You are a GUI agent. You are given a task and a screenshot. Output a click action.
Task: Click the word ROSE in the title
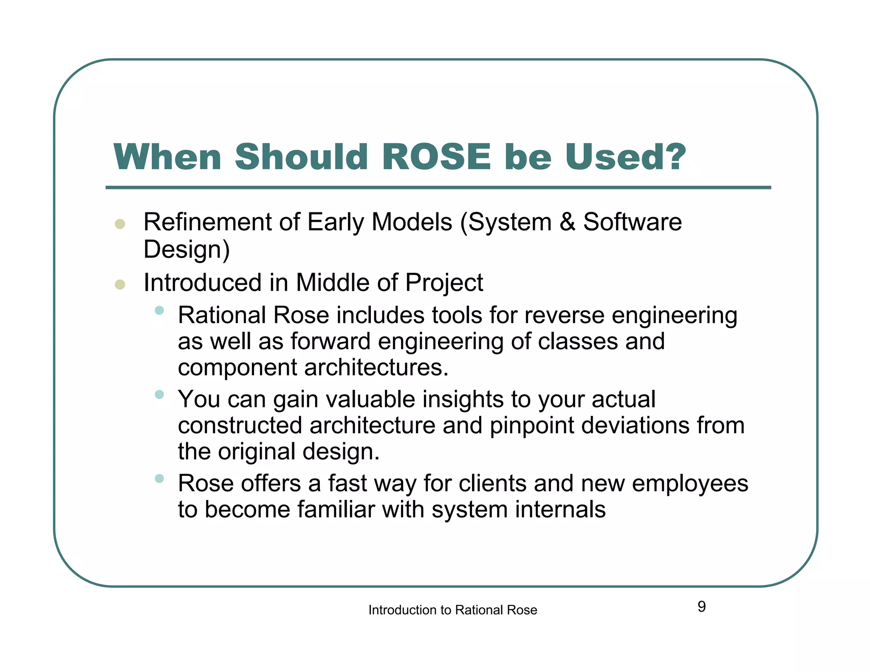436,157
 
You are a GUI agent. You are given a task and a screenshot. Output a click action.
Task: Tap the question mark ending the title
672,157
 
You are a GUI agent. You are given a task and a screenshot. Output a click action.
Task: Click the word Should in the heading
301,157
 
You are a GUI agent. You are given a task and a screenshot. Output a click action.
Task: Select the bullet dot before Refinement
120,224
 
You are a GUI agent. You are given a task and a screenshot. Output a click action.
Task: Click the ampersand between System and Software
567,222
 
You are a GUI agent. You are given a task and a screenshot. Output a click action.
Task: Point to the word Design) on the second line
186,250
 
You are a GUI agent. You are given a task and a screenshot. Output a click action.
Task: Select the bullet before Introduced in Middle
120,284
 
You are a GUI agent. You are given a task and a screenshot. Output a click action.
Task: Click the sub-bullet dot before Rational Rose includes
159,311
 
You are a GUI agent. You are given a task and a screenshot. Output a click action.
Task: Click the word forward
330,342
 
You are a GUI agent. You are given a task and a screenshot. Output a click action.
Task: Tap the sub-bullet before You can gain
159,395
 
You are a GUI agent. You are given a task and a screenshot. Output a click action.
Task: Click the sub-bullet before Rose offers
159,479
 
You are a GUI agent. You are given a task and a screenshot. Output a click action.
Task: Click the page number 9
701,607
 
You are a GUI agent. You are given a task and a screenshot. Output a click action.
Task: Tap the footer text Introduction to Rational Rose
452,610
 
